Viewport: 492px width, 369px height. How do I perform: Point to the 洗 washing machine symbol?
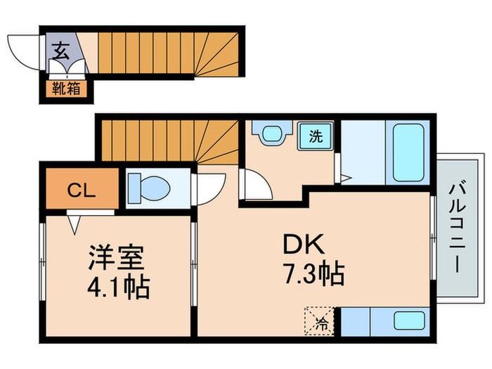[316, 136]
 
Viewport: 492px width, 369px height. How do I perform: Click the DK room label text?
[303, 245]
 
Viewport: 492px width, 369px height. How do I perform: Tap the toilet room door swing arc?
[209, 189]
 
